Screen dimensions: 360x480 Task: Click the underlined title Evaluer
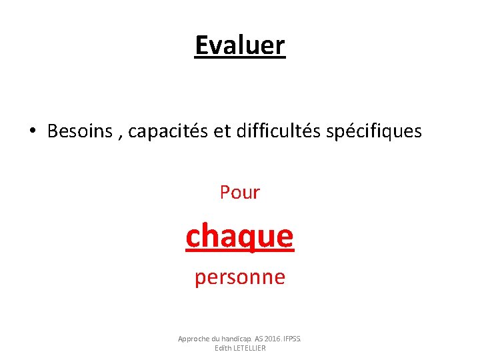coord(240,45)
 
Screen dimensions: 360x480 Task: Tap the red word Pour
coord(240,193)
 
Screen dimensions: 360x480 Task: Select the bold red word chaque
coord(240,236)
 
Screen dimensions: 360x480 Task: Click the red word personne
coord(240,277)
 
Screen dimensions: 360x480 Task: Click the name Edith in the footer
coord(223,348)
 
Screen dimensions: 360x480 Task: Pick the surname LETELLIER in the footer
coord(249,348)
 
